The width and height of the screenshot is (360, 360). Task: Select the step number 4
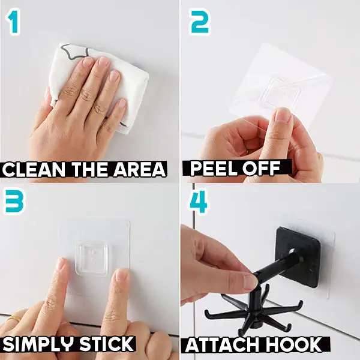click(198, 202)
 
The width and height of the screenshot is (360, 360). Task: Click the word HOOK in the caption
click(298, 345)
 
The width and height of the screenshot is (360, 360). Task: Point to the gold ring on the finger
click(13, 319)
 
